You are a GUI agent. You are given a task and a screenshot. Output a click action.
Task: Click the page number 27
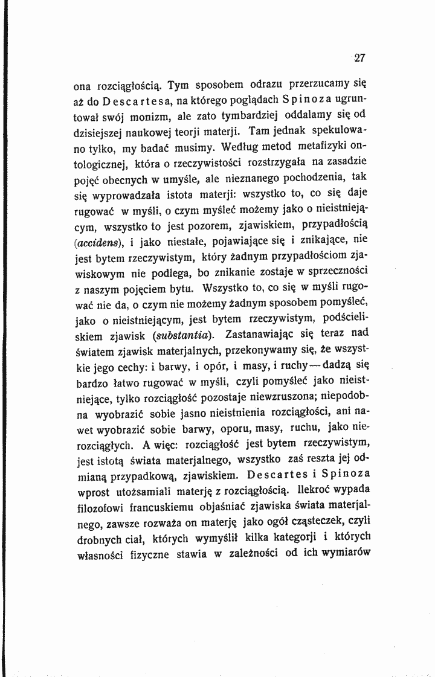(360, 59)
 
